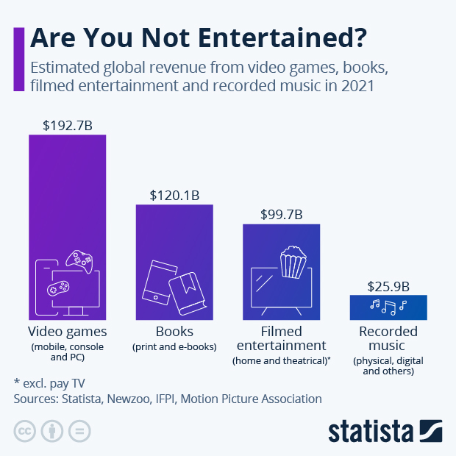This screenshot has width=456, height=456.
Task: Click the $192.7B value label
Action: click(x=68, y=125)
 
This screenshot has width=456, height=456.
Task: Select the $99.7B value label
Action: click(x=281, y=215)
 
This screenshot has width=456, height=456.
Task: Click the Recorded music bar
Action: click(x=388, y=307)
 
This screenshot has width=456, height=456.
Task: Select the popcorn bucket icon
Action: click(x=293, y=263)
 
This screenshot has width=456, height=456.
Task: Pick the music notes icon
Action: click(x=388, y=304)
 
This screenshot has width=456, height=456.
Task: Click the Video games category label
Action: click(x=68, y=332)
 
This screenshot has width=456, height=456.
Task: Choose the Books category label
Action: click(x=174, y=332)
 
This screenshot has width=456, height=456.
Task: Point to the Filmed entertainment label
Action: click(x=281, y=338)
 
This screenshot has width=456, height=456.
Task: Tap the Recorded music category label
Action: click(x=388, y=338)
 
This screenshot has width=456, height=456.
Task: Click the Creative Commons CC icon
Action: click(x=25, y=430)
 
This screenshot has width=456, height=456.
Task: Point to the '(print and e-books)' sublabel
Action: click(x=174, y=346)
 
